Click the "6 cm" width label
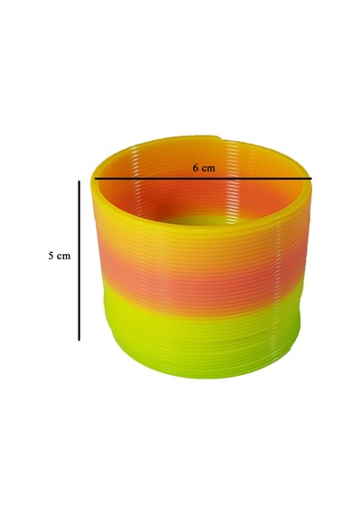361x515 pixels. pyautogui.click(x=204, y=168)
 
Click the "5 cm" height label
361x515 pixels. pyautogui.click(x=60, y=256)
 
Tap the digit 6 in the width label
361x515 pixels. pyautogui.click(x=196, y=168)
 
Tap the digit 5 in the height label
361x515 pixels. pyautogui.click(x=51, y=256)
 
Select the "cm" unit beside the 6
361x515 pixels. pyautogui.click(x=208, y=169)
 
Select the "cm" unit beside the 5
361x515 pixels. pyautogui.click(x=64, y=257)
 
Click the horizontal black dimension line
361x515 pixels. pyautogui.click(x=203, y=179)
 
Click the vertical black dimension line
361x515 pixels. pyautogui.click(x=79, y=260)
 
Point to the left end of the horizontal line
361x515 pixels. pyautogui.click(x=95, y=179)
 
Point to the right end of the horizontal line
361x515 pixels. pyautogui.click(x=312, y=179)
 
